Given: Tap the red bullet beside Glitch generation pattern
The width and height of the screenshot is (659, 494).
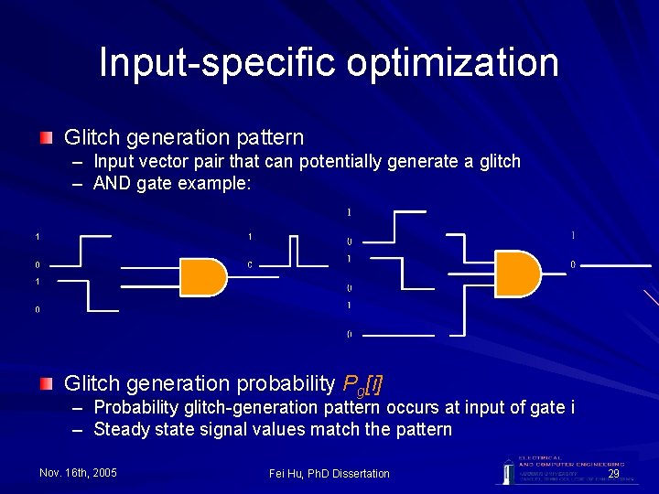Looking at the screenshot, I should pyautogui.click(x=46, y=138).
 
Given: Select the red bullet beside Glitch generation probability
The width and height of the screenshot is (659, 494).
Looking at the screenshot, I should pyautogui.click(x=46, y=383).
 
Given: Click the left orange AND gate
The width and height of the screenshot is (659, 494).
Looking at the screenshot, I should pyautogui.click(x=203, y=277).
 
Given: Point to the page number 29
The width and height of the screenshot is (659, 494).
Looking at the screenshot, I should pyautogui.click(x=613, y=473).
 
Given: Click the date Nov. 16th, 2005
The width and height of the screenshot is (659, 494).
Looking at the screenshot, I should pyautogui.click(x=78, y=473).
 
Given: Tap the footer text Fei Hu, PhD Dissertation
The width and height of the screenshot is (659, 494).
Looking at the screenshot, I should pyautogui.click(x=329, y=473).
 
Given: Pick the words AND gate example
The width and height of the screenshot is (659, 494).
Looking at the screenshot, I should pyautogui.click(x=172, y=183).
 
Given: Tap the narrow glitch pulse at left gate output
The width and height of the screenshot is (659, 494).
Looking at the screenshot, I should pyautogui.click(x=294, y=250).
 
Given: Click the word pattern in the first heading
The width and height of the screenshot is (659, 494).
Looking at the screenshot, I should pyautogui.click(x=269, y=138).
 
